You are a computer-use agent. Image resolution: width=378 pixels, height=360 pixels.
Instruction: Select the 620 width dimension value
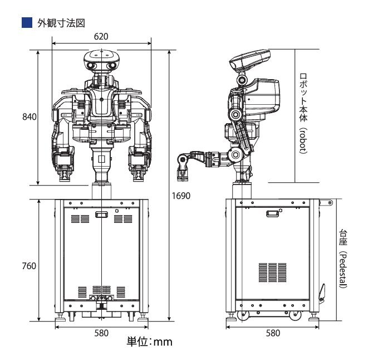click(x=101, y=36)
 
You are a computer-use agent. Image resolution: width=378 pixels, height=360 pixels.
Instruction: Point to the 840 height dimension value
click(x=29, y=117)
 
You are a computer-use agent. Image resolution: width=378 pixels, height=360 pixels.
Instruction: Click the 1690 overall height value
click(x=181, y=196)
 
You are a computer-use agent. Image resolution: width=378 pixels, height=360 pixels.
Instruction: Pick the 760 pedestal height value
click(x=29, y=266)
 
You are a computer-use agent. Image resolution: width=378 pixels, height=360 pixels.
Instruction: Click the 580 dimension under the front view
click(x=101, y=333)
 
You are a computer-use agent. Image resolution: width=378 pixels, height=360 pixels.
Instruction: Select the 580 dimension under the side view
click(x=272, y=333)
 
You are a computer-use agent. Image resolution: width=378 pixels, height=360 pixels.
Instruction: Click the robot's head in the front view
click(x=101, y=61)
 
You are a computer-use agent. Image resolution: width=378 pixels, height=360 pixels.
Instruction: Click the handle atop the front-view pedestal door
click(x=101, y=214)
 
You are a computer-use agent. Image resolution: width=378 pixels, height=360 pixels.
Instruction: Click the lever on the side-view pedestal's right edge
click(x=321, y=291)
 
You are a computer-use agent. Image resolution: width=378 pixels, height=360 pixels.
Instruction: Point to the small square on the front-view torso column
click(x=101, y=159)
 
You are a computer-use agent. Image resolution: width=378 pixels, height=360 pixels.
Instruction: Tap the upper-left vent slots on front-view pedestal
click(x=80, y=219)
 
